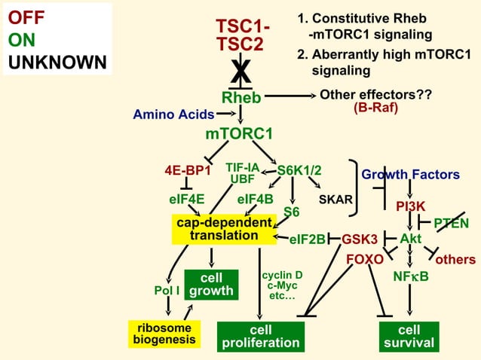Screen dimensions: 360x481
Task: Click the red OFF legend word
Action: tap(26, 17)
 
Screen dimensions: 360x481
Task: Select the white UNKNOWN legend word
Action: tap(57, 62)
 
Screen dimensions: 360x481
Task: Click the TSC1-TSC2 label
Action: tap(240, 35)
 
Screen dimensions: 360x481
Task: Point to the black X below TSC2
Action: tap(240, 72)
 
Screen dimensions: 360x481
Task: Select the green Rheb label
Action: tap(241, 97)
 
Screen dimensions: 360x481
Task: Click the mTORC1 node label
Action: tap(239, 134)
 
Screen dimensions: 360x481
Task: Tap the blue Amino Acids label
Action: tap(173, 114)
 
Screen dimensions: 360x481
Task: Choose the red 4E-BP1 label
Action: tap(188, 170)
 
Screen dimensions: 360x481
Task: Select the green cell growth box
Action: tap(211, 285)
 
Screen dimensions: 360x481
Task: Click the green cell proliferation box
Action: tap(260, 337)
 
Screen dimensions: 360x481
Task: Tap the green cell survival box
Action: tap(409, 337)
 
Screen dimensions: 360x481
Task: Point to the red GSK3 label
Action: tap(360, 239)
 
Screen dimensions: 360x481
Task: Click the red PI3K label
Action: tap(411, 206)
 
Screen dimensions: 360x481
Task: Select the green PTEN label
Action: tap(452, 223)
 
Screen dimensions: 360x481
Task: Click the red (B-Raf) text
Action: tap(375, 108)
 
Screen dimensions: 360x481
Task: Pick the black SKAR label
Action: tap(335, 200)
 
